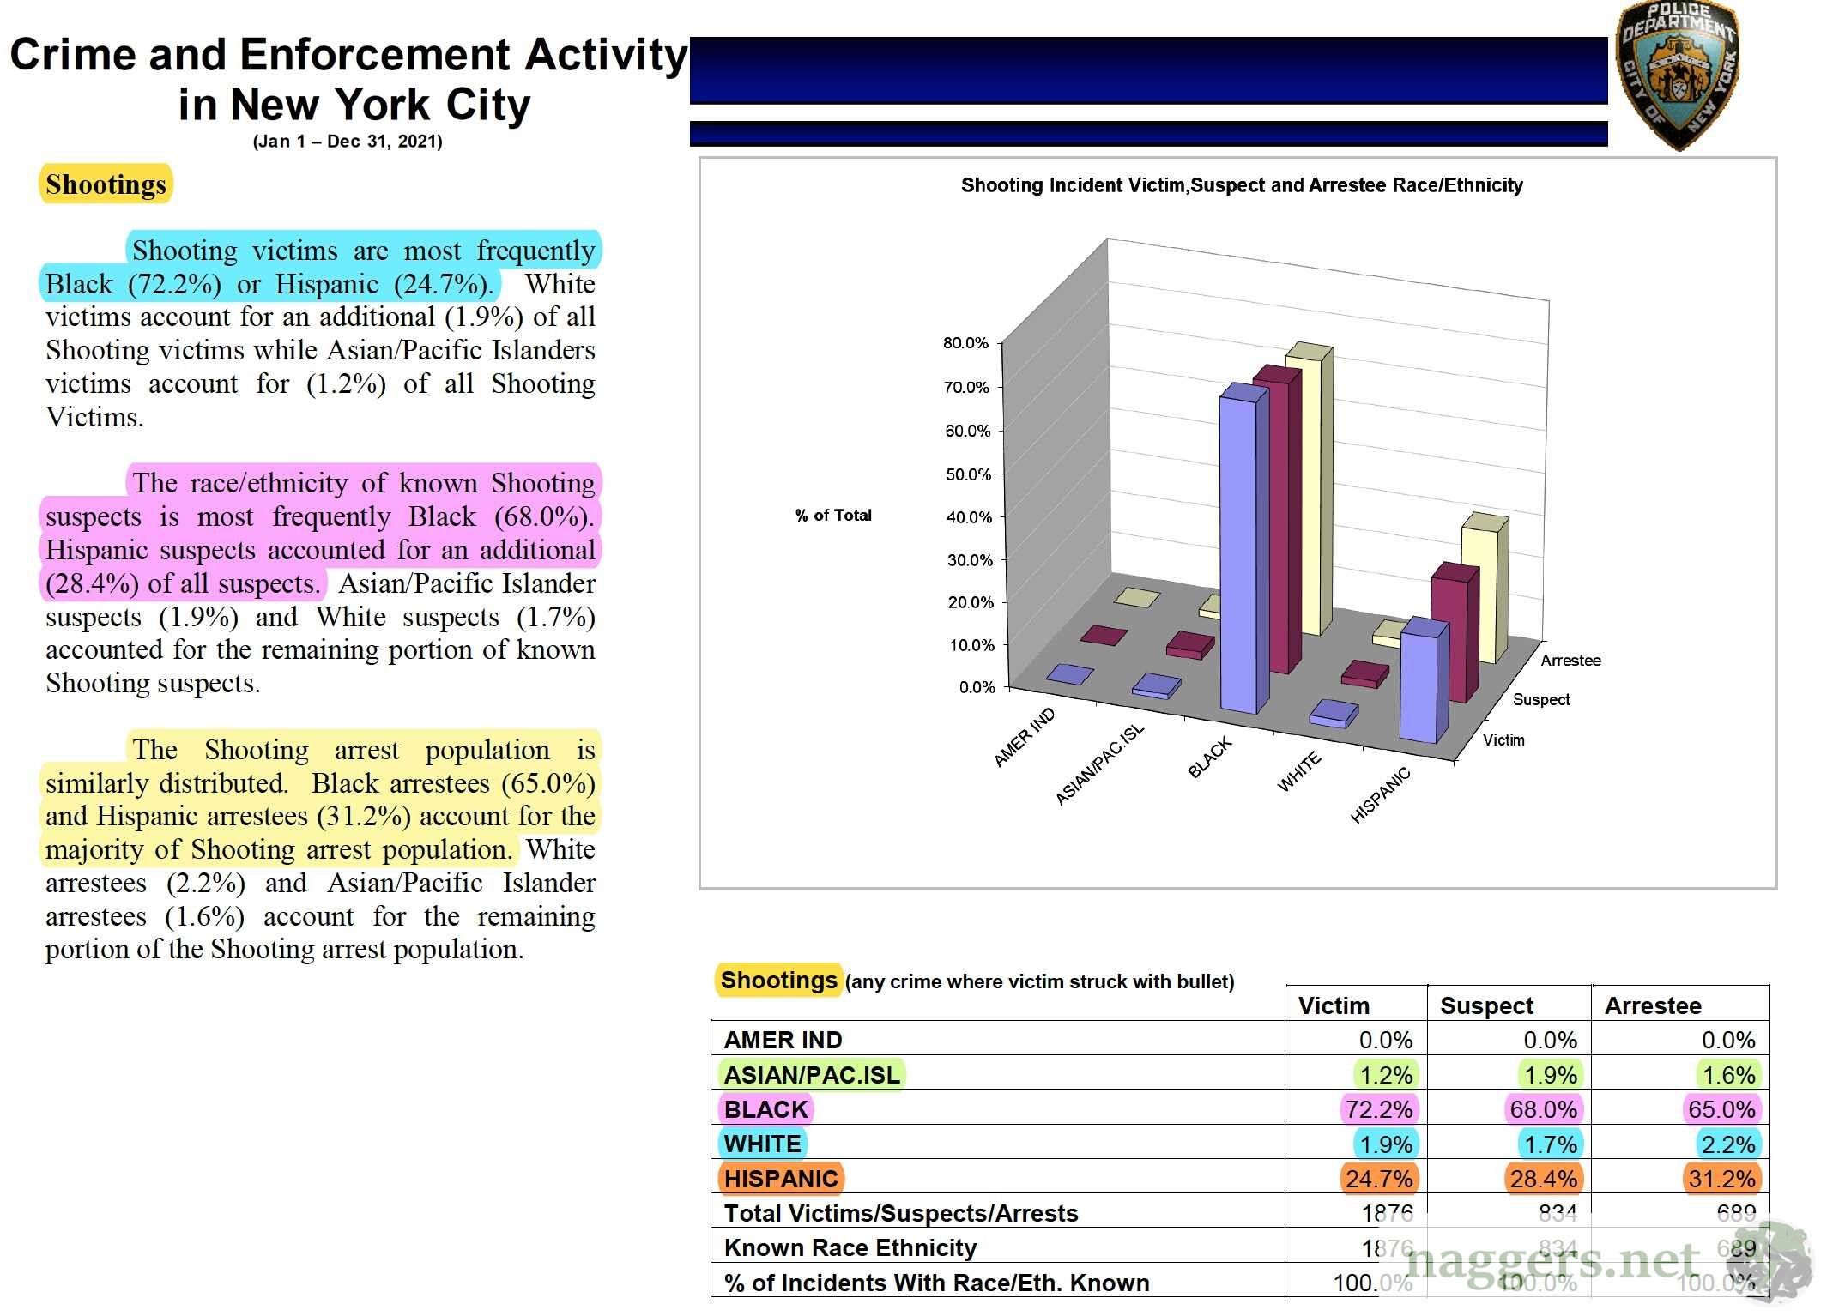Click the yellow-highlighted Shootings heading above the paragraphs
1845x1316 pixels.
tap(106, 184)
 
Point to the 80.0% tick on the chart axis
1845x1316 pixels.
tap(966, 343)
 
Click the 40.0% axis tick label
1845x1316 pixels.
tap(968, 517)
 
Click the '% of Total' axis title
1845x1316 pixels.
tap(832, 516)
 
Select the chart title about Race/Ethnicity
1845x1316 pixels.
tap(1241, 185)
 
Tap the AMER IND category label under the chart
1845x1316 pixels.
tap(1024, 738)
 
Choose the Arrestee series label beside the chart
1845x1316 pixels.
tap(1570, 661)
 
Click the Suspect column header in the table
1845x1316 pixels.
tap(1486, 1005)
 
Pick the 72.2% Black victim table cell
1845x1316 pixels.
tap(1378, 1109)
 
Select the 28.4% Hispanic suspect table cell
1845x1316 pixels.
tap(1543, 1179)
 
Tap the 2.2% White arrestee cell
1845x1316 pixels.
tap(1728, 1144)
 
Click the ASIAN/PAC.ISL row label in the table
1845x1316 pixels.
tap(812, 1075)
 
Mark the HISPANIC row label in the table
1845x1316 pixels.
tap(780, 1179)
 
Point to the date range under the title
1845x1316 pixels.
tap(348, 142)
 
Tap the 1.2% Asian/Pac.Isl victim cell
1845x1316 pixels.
tap(1385, 1075)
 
